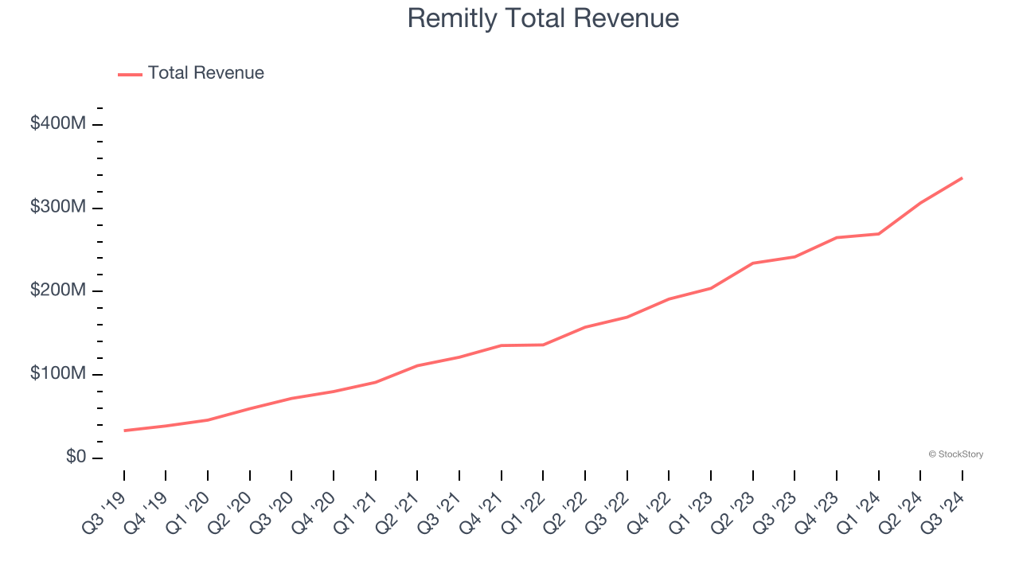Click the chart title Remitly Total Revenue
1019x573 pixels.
tap(543, 18)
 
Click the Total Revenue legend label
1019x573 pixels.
tap(205, 73)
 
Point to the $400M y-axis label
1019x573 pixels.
tap(58, 124)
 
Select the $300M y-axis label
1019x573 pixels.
tap(58, 208)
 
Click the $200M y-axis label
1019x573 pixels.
tap(58, 291)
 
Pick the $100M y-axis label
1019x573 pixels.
tap(58, 374)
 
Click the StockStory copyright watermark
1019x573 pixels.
tap(955, 454)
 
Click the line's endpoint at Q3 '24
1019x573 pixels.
tap(962, 177)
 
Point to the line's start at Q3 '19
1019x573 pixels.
tap(124, 431)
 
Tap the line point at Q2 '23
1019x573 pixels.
tap(753, 263)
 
